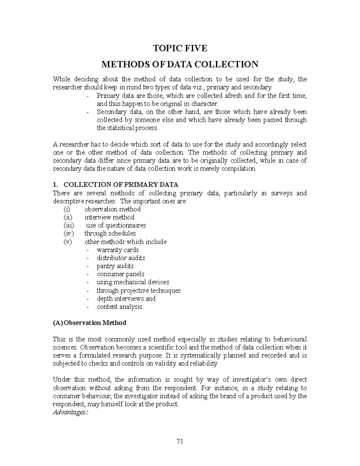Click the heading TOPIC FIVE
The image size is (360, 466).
pos(180,48)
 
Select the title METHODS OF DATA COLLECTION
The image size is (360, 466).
pos(180,64)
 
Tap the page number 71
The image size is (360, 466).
pos(180,441)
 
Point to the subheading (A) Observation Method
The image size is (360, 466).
pos(89,323)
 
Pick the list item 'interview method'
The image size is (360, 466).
pos(109,217)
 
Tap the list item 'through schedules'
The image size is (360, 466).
pos(110,233)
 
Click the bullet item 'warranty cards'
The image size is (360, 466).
pos(118,250)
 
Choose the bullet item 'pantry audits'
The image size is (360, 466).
pos(115,266)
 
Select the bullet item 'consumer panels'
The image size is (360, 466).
pos(120,274)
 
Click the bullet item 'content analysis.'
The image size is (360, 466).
pos(120,307)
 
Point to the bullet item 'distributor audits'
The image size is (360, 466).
pos(121,258)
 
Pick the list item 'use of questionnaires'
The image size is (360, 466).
pos(116,225)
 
